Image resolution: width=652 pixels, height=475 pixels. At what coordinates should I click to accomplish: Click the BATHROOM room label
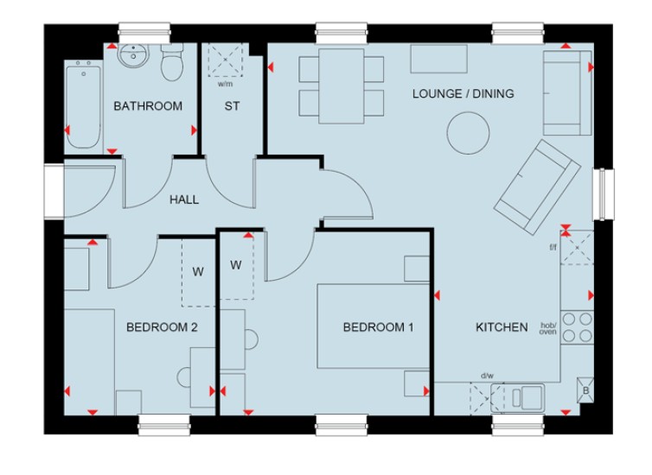(148, 106)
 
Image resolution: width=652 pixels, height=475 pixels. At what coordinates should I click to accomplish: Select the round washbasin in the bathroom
(133, 55)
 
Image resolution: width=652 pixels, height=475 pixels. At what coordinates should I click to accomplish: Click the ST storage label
(232, 106)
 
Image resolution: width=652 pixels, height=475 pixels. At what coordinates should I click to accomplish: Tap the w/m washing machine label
(226, 85)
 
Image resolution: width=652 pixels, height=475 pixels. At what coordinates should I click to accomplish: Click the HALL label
(184, 199)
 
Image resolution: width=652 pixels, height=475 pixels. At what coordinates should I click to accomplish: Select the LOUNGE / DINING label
(463, 93)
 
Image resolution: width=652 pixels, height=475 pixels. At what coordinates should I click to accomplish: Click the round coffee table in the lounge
(468, 133)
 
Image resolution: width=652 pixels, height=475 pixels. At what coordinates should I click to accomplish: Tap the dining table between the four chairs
(342, 86)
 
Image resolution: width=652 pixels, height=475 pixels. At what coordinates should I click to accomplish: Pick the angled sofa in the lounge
(537, 187)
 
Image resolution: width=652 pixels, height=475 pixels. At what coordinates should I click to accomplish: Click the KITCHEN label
(502, 327)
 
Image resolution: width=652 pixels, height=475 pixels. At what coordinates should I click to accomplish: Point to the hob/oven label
(548, 328)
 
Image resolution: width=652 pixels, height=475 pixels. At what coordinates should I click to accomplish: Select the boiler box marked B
(585, 389)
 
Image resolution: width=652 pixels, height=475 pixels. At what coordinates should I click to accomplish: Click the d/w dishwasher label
(488, 377)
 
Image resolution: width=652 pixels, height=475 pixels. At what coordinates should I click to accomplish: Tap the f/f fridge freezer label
(553, 248)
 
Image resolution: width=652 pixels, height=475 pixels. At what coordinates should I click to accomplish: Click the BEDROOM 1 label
(378, 327)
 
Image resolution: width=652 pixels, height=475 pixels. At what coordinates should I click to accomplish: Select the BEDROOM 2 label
(162, 327)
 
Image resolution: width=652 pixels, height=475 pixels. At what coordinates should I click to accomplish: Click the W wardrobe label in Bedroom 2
(198, 272)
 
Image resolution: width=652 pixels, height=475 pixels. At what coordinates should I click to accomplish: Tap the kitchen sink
(518, 398)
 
